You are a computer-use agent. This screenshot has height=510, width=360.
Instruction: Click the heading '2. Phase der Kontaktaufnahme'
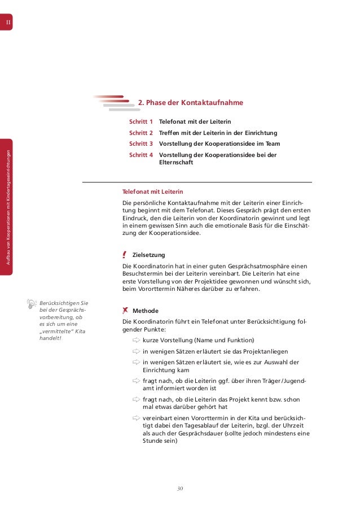[x=191, y=103]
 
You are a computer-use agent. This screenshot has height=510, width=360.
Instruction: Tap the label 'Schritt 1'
[x=141, y=122]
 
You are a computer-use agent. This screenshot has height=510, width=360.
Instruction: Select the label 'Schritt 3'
[x=141, y=143]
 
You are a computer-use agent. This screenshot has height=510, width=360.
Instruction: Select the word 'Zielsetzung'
[x=148, y=255]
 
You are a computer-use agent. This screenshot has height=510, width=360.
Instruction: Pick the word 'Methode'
[x=145, y=311]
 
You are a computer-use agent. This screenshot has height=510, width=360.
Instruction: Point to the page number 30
[x=180, y=487]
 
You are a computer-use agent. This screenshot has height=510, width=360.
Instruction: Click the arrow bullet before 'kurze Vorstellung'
[x=136, y=340]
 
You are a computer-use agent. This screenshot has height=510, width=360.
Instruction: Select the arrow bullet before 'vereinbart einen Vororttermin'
[x=136, y=417]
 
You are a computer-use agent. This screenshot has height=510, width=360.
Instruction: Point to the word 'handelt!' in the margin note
[x=49, y=338]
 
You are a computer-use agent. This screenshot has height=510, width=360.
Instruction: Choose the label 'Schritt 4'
[x=141, y=154]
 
